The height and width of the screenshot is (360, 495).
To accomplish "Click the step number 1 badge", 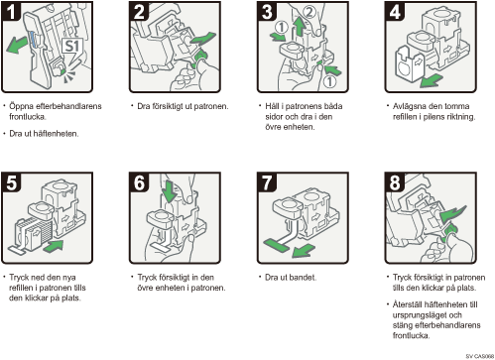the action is [11, 11].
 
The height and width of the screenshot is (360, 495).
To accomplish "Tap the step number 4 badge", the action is [395, 11].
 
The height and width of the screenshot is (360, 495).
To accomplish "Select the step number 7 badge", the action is [267, 181].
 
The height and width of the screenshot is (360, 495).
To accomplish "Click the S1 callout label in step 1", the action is [72, 47].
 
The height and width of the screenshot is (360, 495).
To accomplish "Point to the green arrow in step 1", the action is [17, 45].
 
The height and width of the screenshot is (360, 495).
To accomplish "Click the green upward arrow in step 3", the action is [300, 27].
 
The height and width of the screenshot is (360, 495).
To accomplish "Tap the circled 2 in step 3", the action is [309, 13].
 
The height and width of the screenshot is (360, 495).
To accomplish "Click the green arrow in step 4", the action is [432, 80].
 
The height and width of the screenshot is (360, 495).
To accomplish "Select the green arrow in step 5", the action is [53, 247].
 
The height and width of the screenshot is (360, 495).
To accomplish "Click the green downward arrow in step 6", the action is [171, 190].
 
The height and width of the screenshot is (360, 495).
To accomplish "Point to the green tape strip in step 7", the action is [276, 245].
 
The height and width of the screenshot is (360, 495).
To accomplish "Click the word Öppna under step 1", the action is [22, 106].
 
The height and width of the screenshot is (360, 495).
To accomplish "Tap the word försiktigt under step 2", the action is [170, 106].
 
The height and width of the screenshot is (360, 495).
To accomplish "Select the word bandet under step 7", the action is [304, 277].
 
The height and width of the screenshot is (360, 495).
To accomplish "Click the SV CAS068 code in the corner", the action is [479, 356].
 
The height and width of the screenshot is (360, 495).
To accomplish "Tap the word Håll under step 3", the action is [272, 106].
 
